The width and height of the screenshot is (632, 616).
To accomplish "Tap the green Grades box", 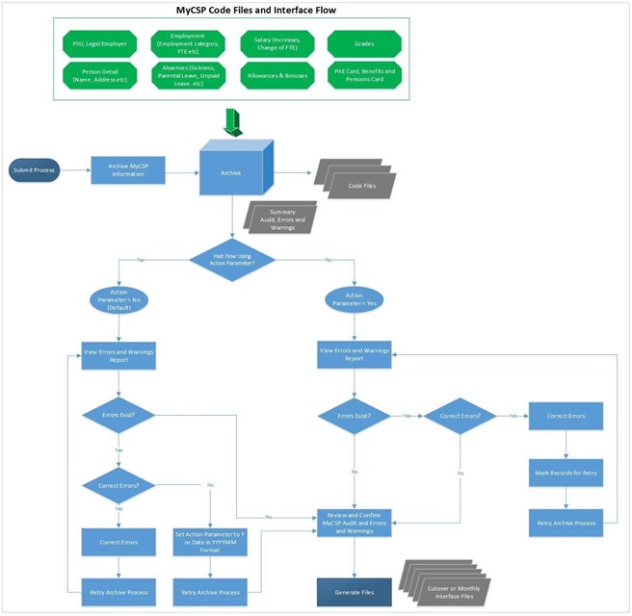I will click(364, 43).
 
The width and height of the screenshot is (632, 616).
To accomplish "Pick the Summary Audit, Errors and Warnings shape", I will click(281, 217).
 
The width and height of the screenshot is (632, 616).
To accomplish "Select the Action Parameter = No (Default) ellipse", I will click(118, 300).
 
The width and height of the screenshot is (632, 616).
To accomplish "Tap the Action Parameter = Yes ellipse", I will click(355, 298).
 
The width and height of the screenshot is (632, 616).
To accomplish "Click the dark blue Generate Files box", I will click(355, 590).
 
